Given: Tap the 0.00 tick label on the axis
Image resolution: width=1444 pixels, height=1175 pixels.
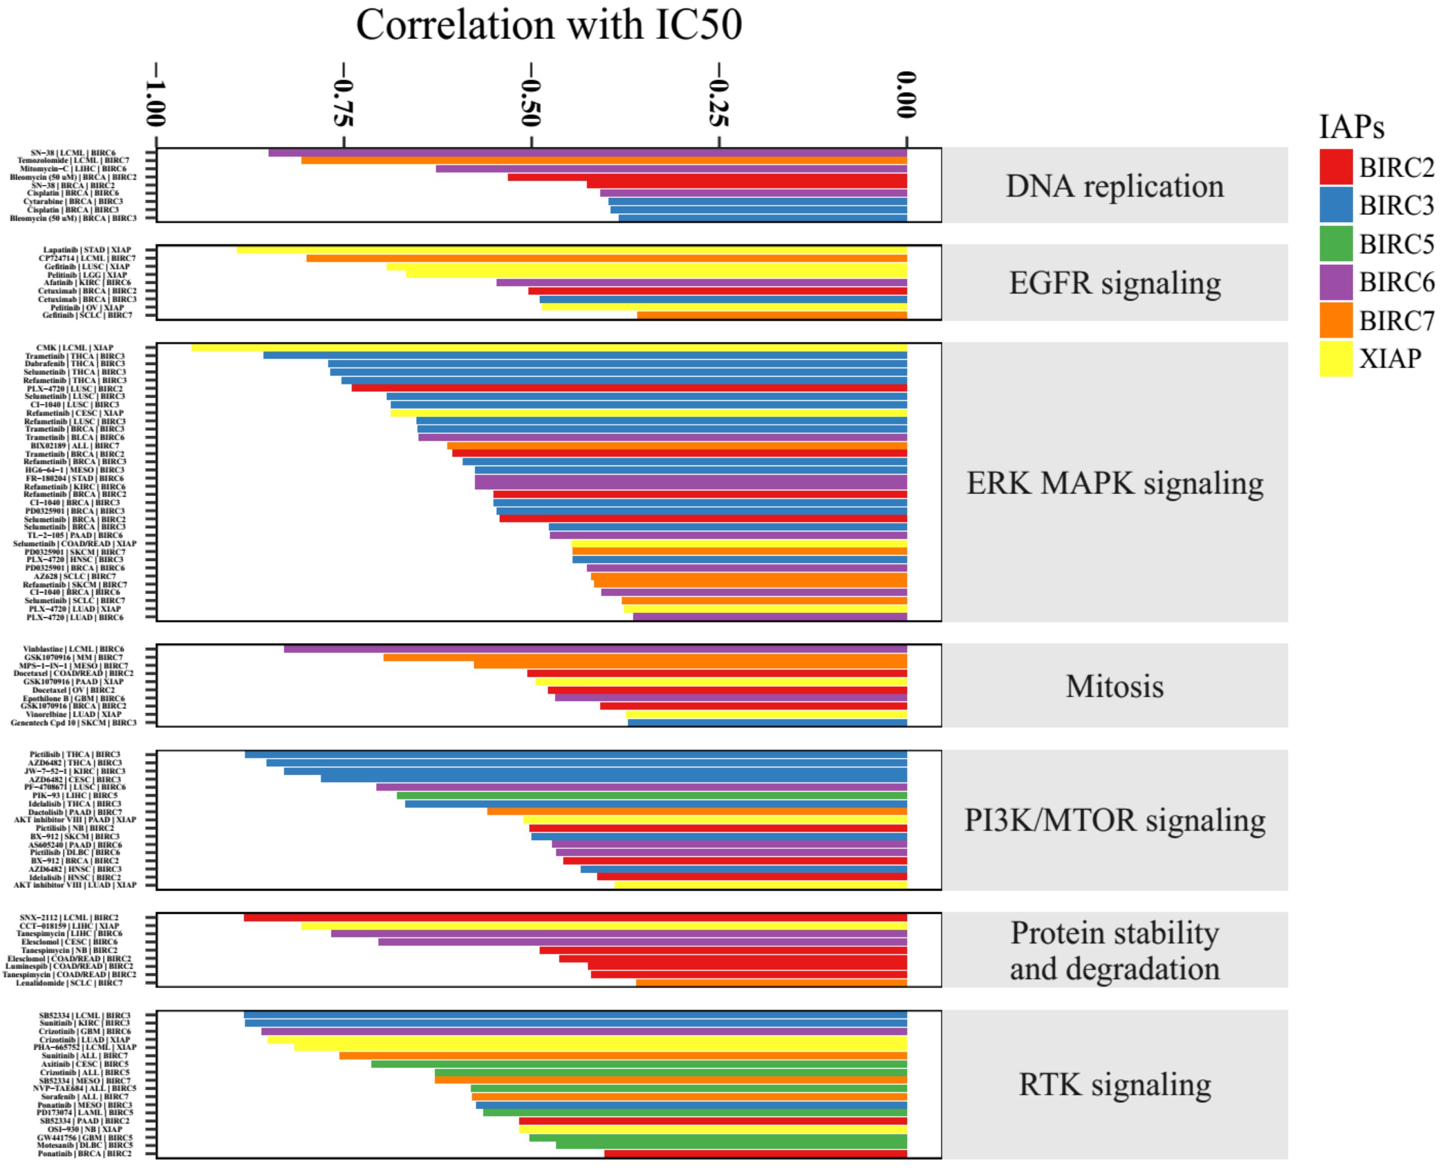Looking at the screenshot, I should click(x=906, y=95).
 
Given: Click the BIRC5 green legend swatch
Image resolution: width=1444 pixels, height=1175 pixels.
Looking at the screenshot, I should click(x=1335, y=244).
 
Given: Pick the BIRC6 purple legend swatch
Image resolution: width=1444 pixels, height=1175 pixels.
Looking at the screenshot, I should click(x=1335, y=282).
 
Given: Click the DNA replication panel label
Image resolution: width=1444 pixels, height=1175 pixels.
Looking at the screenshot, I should click(x=1114, y=186).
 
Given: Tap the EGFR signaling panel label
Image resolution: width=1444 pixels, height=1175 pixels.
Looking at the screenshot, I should click(x=1114, y=283).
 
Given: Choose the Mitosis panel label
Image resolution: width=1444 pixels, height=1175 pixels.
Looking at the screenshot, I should click(x=1114, y=686).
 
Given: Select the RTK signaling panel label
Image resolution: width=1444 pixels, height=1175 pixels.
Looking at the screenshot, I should click(x=1114, y=1084).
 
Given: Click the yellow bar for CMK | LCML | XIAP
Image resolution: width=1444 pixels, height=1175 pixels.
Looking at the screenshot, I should click(x=548, y=348).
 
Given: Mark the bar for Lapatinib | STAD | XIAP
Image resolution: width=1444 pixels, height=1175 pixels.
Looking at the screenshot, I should click(x=571, y=251).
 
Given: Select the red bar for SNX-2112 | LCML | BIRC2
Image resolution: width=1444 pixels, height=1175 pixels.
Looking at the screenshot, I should click(x=575, y=918).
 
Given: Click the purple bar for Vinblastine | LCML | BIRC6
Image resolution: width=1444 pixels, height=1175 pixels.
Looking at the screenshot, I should click(x=595, y=649).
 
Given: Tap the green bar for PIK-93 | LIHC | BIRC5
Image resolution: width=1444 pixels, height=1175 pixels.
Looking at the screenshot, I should click(x=651, y=796).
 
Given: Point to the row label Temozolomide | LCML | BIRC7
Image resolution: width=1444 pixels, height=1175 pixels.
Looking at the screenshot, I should click(x=73, y=161).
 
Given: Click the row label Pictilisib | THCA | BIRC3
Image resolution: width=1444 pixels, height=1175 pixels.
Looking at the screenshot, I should click(x=74, y=755).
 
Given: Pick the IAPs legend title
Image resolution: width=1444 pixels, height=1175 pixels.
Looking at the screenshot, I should click(x=1351, y=127).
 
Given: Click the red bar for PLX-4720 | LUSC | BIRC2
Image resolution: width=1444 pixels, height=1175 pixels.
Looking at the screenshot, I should click(x=629, y=388).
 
